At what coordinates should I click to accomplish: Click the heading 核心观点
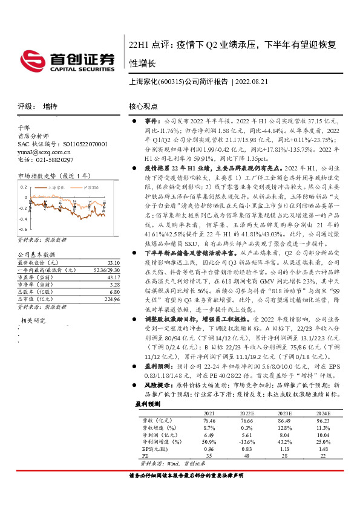pyautogui.click(x=143, y=106)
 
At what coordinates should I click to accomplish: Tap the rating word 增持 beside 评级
pyautogui.click(x=51, y=106)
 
